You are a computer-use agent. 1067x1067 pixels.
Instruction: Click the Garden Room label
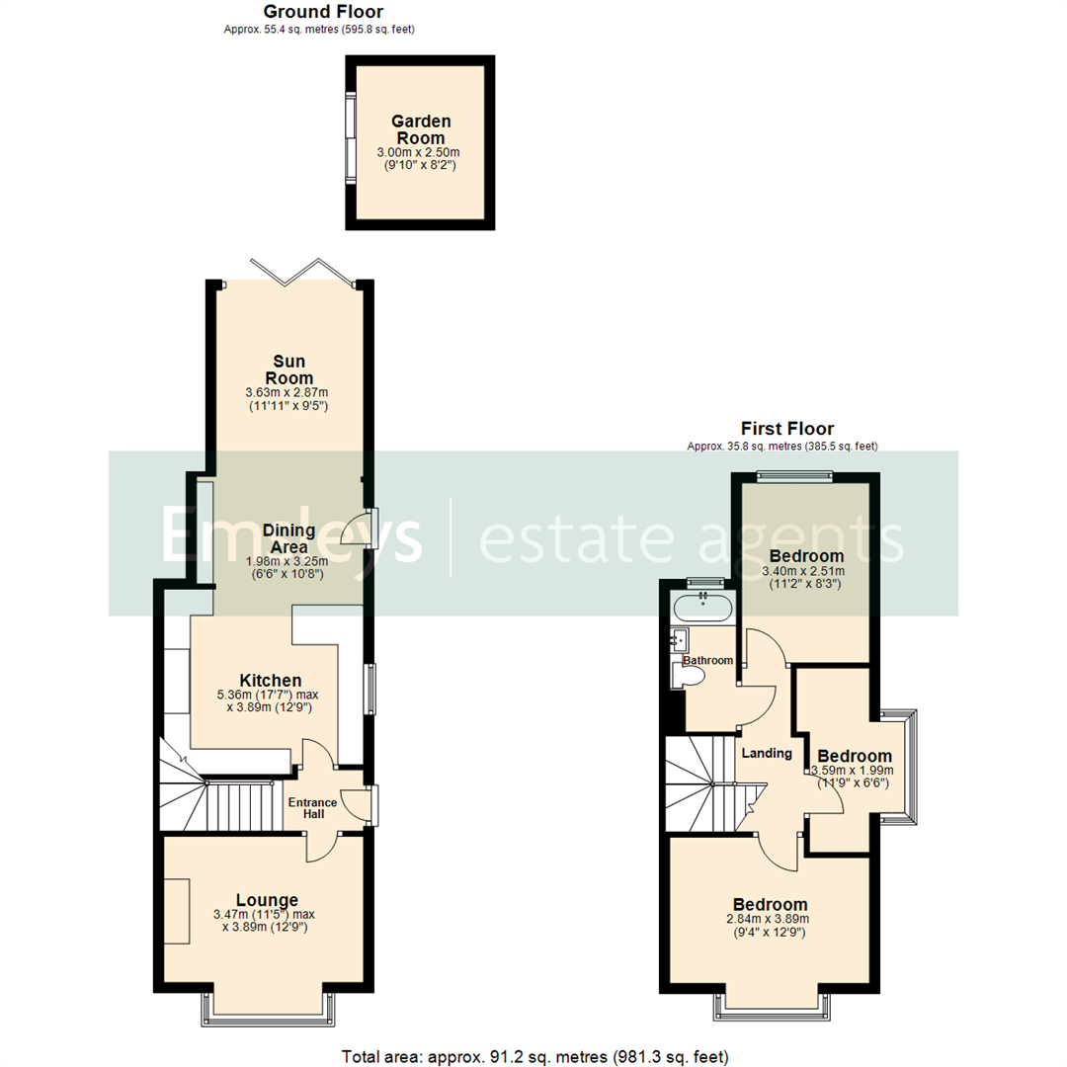[x=418, y=129]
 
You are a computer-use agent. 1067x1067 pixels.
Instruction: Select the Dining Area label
[x=283, y=538]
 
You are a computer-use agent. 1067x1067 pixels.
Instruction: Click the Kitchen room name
[x=271, y=680]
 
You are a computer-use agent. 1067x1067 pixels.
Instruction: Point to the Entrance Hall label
[x=312, y=807]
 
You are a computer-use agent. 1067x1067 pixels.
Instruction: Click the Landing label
[x=767, y=753]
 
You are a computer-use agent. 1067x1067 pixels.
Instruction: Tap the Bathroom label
[x=708, y=660]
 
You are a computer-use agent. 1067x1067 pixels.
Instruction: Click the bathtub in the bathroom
[x=701, y=607]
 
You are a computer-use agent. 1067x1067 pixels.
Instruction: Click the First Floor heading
[x=787, y=429]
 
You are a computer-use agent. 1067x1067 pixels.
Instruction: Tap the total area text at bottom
[x=534, y=1056]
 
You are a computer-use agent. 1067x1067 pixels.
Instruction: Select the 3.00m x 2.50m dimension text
[x=418, y=153]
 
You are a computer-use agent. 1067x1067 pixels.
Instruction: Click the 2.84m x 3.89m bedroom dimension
[x=770, y=918]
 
